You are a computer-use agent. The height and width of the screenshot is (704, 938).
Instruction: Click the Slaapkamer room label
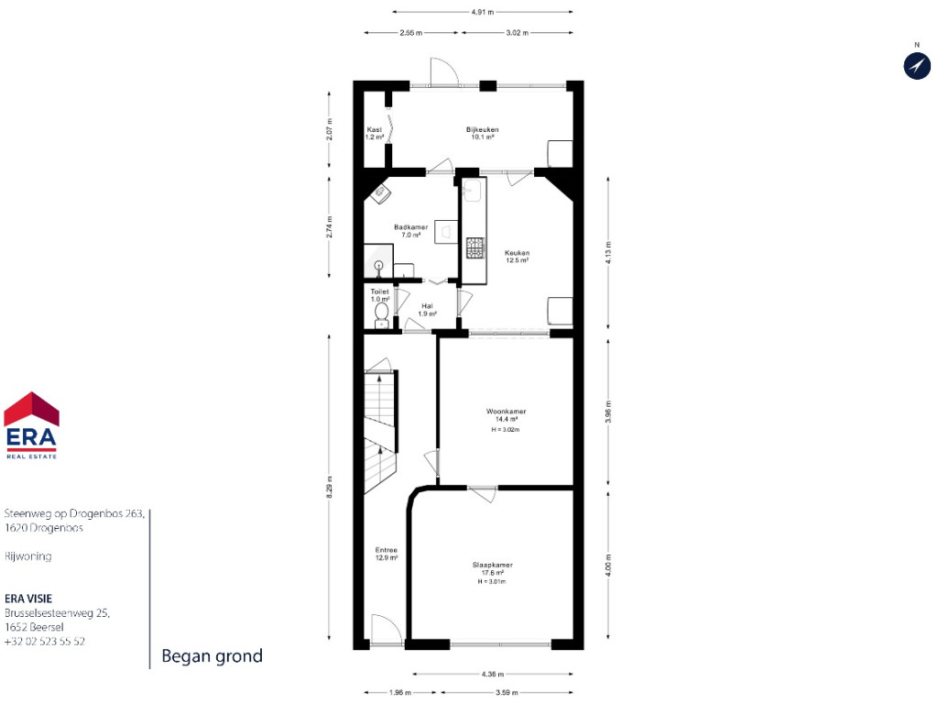click(x=492, y=565)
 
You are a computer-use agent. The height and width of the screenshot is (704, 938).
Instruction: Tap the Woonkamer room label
click(x=506, y=412)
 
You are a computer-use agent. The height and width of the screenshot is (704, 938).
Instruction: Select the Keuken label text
click(x=517, y=253)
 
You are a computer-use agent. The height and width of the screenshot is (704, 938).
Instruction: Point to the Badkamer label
click(x=411, y=227)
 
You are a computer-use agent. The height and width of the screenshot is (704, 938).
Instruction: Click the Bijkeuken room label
click(x=482, y=129)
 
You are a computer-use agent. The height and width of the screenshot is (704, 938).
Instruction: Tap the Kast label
click(x=375, y=129)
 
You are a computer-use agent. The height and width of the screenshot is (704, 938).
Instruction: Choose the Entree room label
click(x=386, y=550)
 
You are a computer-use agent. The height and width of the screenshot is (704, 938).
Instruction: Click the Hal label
click(x=427, y=306)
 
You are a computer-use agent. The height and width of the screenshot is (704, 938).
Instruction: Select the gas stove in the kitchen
click(x=475, y=247)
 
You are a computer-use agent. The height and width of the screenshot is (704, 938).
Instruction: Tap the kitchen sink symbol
click(x=472, y=191)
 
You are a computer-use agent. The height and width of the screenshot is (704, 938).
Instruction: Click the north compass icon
click(x=916, y=65)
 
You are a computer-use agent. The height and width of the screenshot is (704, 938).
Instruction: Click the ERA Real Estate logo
click(x=31, y=425)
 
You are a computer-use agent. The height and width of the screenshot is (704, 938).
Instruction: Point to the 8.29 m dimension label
click(x=329, y=487)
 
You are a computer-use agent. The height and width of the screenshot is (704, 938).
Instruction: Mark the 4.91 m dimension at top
click(x=482, y=11)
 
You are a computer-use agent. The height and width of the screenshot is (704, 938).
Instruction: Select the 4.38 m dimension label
click(x=492, y=674)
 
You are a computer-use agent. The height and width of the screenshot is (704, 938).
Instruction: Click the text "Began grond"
click(x=213, y=656)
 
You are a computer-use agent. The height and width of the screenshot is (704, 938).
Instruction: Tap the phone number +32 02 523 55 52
click(x=45, y=641)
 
